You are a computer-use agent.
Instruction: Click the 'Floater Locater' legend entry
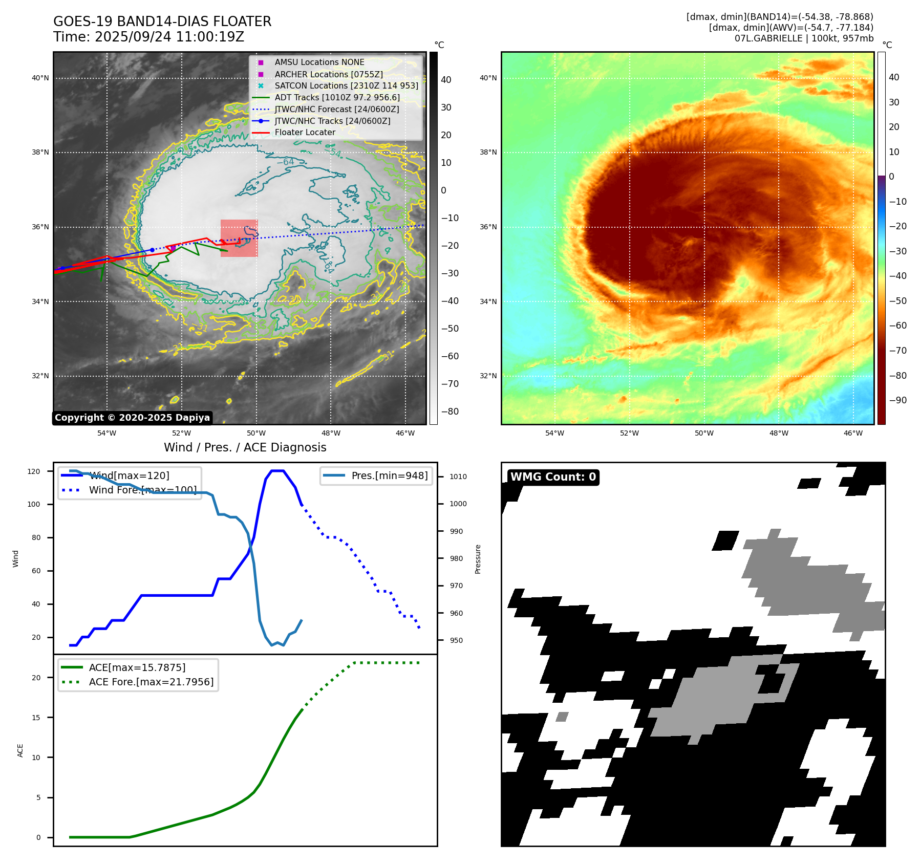click(x=305, y=133)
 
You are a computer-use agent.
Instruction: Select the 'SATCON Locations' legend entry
click(x=346, y=86)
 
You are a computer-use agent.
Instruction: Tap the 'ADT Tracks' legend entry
click(x=337, y=98)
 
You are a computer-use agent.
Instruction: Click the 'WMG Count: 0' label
click(x=553, y=477)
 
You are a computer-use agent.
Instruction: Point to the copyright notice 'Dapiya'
click(x=132, y=418)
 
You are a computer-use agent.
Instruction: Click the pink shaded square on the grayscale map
click(x=239, y=238)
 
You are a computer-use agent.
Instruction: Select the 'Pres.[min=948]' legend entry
click(x=389, y=475)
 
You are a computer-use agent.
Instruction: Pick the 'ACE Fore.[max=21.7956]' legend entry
click(x=151, y=682)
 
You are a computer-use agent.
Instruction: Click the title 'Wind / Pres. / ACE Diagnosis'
click(x=245, y=447)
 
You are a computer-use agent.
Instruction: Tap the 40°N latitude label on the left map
click(x=40, y=78)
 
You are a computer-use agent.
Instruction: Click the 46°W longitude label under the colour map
click(x=853, y=434)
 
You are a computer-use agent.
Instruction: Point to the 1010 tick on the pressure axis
click(x=458, y=477)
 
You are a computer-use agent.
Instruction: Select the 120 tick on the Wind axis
click(x=34, y=471)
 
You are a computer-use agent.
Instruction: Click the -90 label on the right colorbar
click(x=897, y=400)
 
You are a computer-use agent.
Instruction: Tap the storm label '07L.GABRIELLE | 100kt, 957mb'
click(x=804, y=38)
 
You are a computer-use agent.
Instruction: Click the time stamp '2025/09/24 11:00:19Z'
click(x=169, y=37)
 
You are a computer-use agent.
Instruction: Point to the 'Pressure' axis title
click(x=478, y=559)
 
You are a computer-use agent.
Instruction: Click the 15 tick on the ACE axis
click(x=36, y=718)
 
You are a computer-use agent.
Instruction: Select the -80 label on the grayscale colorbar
click(x=450, y=412)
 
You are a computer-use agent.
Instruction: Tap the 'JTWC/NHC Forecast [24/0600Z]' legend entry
click(x=336, y=110)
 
